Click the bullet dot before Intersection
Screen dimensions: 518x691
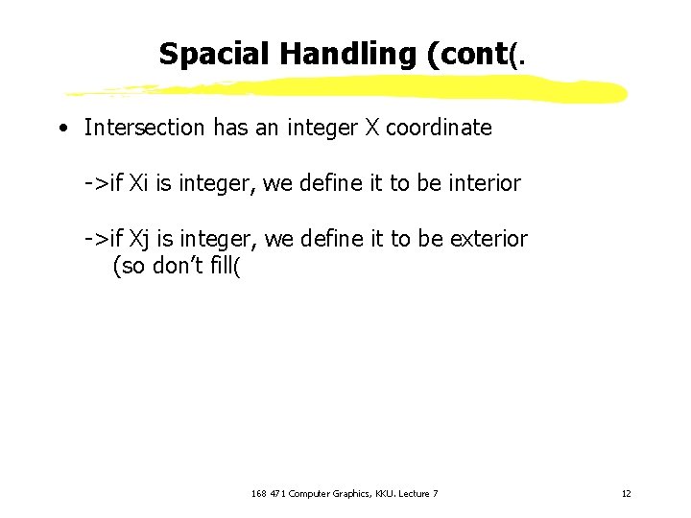point(61,128)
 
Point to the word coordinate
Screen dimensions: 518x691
point(439,128)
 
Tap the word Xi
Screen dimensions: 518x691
point(139,183)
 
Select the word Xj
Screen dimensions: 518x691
point(140,239)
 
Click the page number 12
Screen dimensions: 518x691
point(626,493)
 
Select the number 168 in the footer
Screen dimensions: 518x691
point(258,493)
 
